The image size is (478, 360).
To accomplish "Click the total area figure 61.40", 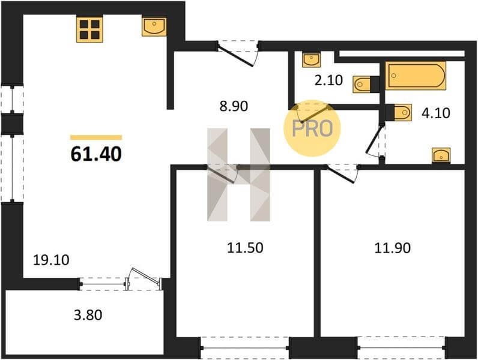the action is pos(96,154).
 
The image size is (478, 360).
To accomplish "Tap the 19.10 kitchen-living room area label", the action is pos(51,260).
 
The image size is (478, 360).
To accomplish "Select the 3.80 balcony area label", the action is pos(88,315).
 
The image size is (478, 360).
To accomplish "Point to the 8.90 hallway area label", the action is pos(234,106).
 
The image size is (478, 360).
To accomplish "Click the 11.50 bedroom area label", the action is pos(245,248).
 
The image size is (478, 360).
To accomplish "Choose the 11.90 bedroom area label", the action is pos(392,248).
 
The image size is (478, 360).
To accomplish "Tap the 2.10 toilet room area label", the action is pos(328,80).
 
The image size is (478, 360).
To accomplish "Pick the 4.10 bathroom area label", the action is pos(435,113).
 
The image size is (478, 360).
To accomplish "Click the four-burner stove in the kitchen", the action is pos(89,29).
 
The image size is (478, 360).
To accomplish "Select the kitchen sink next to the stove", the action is pos(154,26).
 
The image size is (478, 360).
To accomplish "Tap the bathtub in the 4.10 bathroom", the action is pos(416,76).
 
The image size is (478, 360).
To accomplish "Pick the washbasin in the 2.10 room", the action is pos(311,59).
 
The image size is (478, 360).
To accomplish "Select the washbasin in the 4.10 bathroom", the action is pos(441,155).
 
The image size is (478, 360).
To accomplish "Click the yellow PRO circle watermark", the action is pos(312,128).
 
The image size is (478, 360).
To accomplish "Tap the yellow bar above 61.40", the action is pos(96,137).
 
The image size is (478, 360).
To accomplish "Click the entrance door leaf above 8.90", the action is pos(235,55).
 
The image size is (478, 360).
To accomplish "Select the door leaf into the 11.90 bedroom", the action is pos(341,174).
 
